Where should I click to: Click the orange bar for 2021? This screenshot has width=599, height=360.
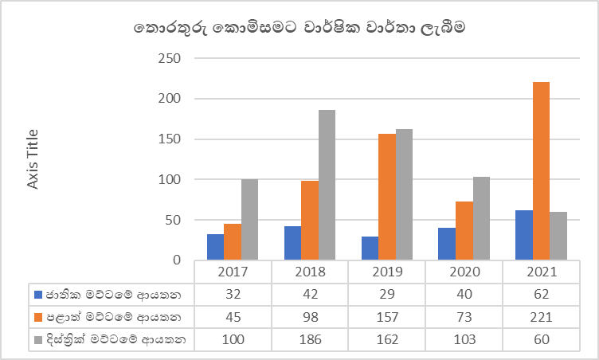pos(541,170)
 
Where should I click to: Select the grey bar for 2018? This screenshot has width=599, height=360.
pos(327,185)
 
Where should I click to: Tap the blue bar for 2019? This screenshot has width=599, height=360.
pos(370,248)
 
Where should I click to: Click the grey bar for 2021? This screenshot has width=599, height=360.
pos(558,236)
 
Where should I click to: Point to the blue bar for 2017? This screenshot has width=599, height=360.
pos(215,247)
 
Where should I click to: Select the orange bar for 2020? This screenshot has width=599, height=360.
pos(464,230)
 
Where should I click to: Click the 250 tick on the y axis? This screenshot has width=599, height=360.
pos(169,59)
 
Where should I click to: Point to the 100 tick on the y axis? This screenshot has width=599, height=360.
pos(169,179)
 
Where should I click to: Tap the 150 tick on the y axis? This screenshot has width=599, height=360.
pos(169,139)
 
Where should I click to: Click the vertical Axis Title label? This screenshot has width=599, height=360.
pos(33,159)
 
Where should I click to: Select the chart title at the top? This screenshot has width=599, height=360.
pos(299,28)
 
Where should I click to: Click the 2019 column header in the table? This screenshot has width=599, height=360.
pos(386,272)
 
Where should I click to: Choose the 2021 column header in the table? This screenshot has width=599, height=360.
pos(540,272)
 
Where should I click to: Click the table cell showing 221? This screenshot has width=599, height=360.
pos(540,318)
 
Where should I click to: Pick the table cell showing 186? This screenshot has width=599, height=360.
pos(309,340)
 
